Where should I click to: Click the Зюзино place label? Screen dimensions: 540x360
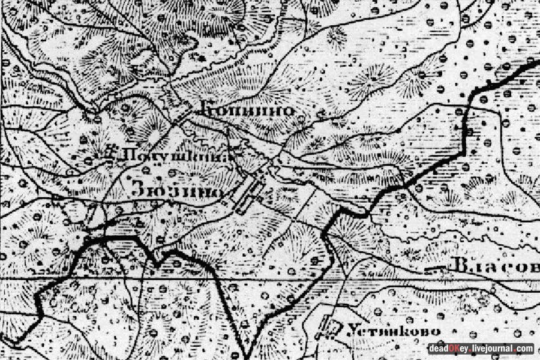coord(176,191)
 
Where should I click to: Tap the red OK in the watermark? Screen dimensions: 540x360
coord(454,349)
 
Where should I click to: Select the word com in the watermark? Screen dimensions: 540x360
coord(524,349)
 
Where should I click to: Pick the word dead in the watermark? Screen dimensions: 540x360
coord(439,349)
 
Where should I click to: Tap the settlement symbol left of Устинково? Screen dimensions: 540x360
coord(328,327)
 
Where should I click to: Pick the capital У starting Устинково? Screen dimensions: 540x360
coord(351,331)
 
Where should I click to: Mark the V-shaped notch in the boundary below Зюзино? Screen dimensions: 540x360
coord(158,262)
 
